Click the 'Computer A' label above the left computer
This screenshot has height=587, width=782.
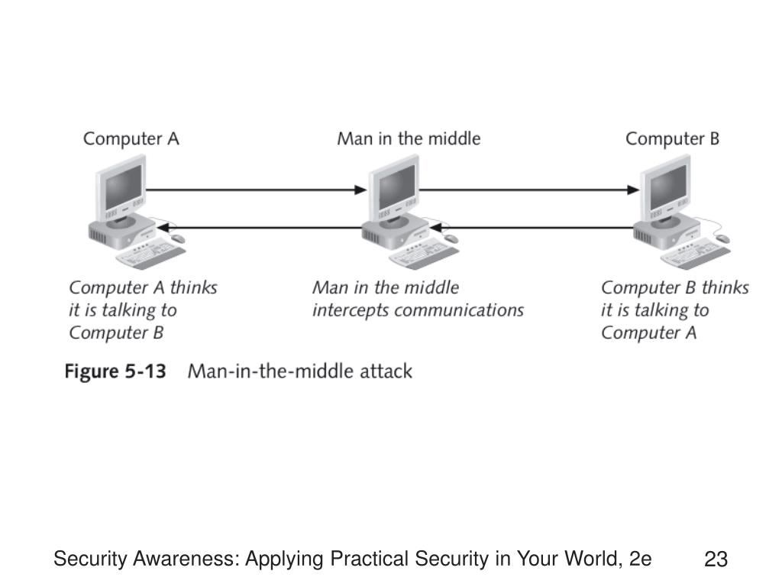click(x=131, y=139)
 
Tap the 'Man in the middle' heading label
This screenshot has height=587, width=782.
click(x=409, y=138)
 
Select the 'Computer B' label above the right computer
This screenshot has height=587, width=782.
click(x=672, y=139)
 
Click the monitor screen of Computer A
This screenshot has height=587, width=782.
click(x=123, y=188)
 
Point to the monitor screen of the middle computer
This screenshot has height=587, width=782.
click(x=396, y=188)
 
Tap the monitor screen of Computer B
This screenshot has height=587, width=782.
click(x=668, y=188)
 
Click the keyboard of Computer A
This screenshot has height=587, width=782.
click(x=150, y=254)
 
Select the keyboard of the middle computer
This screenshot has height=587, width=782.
click(x=424, y=254)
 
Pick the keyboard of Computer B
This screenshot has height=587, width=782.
click(x=696, y=254)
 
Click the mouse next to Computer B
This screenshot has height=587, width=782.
click(x=722, y=238)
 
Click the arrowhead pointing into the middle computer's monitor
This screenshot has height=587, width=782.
click(x=360, y=190)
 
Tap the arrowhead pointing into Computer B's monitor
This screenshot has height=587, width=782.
click(x=633, y=190)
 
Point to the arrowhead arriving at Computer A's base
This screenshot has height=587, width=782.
click(x=164, y=228)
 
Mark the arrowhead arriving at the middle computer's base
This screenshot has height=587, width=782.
click(x=436, y=228)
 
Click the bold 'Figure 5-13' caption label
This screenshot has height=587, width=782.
click(x=115, y=371)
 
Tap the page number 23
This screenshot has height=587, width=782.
click(x=716, y=559)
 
